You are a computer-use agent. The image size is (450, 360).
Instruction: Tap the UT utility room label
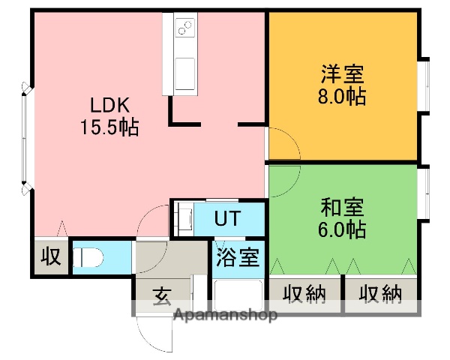click(x=228, y=219)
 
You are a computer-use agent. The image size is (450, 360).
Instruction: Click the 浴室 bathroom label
click(x=238, y=258)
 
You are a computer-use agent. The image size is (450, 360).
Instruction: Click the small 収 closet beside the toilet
click(x=50, y=257)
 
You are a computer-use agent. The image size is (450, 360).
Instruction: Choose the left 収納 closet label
click(x=304, y=293)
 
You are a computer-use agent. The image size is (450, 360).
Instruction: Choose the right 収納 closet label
click(x=379, y=293)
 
